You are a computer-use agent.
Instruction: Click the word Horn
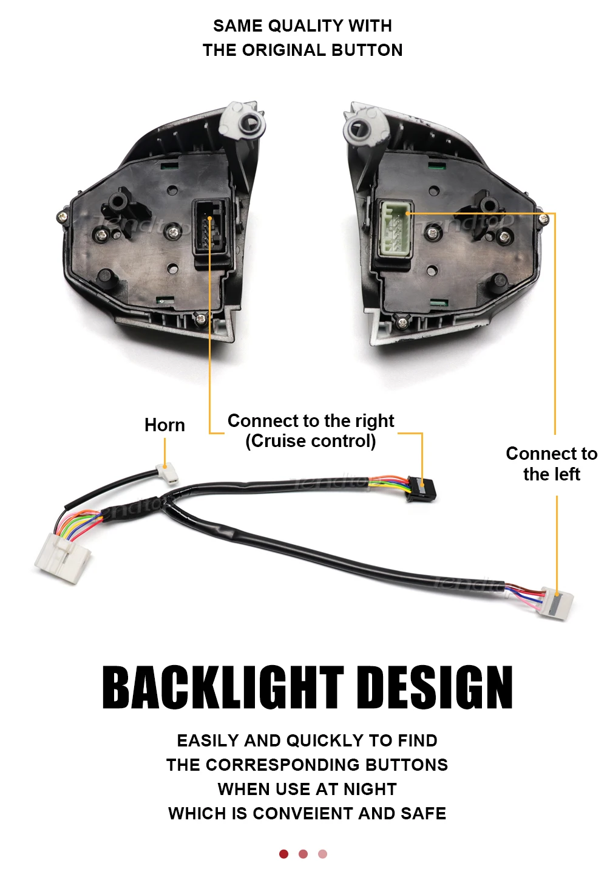164,425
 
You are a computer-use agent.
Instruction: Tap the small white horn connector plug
166,472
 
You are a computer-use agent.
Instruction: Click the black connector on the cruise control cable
421,488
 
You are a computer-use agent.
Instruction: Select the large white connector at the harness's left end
64,558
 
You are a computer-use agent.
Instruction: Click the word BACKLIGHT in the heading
223,688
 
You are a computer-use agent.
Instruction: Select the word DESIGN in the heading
435,688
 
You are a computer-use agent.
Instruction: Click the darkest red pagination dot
283,854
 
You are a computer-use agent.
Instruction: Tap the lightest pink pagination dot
322,854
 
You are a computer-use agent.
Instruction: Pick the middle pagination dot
303,854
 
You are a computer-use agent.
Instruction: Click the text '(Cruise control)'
310,441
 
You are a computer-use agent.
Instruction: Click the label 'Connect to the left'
551,464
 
